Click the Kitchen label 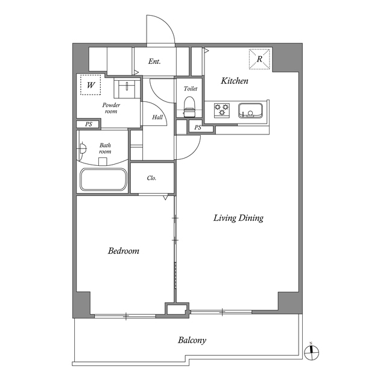point(235,81)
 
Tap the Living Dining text point(238,218)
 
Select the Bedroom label point(124,251)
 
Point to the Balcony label point(192,340)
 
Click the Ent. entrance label point(154,62)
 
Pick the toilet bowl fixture point(189,107)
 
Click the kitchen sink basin point(250,111)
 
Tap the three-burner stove point(222,110)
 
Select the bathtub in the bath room point(103,180)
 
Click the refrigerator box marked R point(259,59)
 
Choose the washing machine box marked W point(90,85)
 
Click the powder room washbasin point(127,88)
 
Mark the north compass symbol point(311,352)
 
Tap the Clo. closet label point(151,178)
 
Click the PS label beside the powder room point(89,124)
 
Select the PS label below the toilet point(198,127)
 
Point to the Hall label point(157,117)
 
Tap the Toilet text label point(191,89)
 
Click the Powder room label point(111,108)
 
